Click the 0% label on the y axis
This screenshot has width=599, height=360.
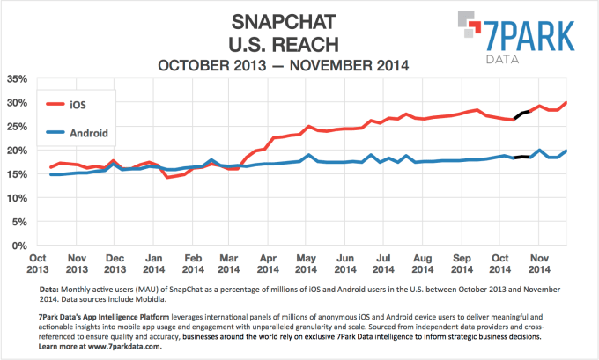19,246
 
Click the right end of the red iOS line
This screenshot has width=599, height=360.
566,103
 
